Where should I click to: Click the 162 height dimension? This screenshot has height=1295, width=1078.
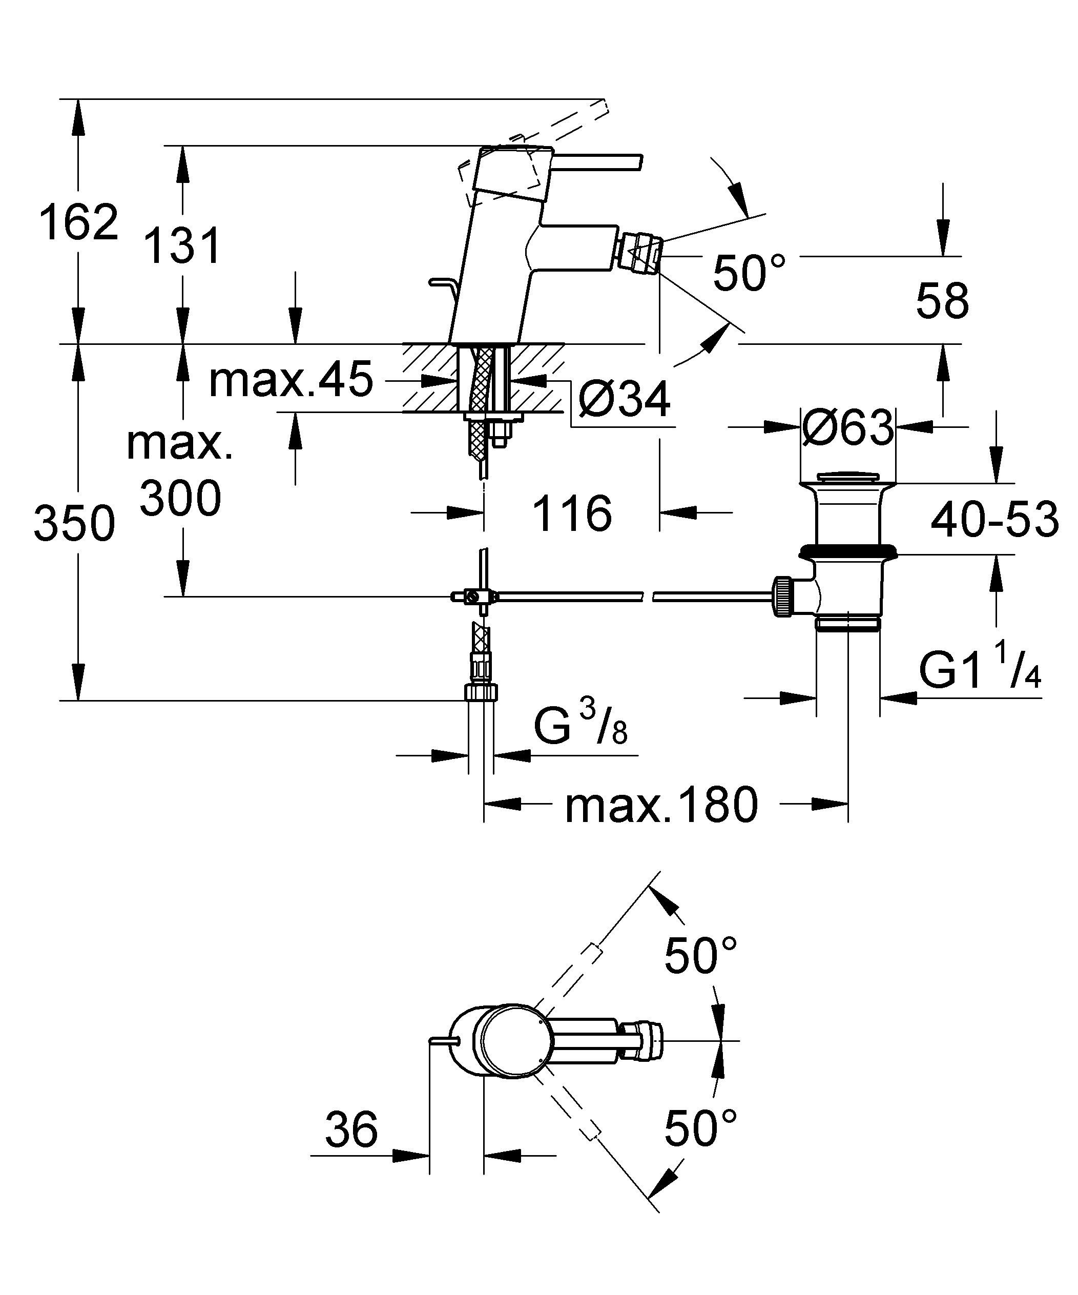click(x=78, y=222)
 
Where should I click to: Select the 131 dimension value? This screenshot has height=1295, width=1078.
click(x=182, y=246)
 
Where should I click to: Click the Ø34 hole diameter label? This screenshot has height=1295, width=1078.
click(x=624, y=400)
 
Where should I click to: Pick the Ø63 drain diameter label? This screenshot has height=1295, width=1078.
click(x=847, y=427)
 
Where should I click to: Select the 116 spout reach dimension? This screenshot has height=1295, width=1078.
click(x=572, y=513)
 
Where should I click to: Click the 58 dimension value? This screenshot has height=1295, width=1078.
click(x=942, y=301)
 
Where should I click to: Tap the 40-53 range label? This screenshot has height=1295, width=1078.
click(x=994, y=519)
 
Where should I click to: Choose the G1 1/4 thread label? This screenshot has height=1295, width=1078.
click(x=979, y=670)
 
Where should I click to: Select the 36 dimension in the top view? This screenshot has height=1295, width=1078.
click(x=351, y=1130)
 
